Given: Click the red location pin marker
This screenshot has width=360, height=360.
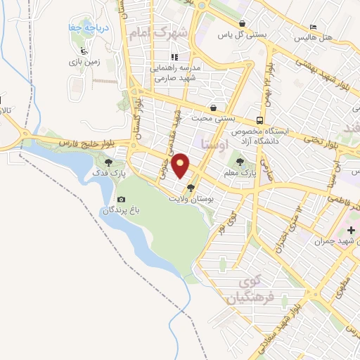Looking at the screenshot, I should click(181, 165).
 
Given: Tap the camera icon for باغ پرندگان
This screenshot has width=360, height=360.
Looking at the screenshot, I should click(121, 200).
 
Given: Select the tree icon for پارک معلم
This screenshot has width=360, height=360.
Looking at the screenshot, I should click(250, 162).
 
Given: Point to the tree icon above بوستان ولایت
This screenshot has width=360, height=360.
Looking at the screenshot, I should click(191, 187).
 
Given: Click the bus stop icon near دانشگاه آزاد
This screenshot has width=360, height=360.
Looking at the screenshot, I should click(260, 120).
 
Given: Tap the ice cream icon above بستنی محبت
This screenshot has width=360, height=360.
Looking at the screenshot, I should click(213, 108).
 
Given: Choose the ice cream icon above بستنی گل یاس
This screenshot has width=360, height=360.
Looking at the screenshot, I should click(242, 23).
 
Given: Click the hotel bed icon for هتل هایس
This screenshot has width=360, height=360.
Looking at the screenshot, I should click(313, 27).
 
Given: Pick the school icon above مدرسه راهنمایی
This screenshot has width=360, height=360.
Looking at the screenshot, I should click(174, 58).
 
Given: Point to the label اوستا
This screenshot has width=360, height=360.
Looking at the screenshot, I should click(214, 144).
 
